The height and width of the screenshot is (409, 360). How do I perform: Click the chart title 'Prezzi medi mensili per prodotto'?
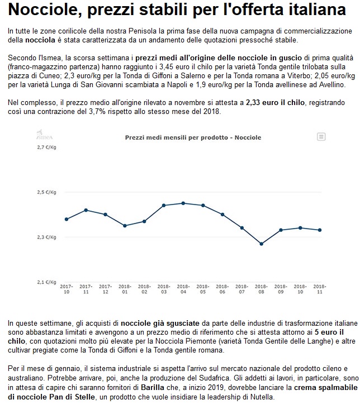click(x=193, y=137)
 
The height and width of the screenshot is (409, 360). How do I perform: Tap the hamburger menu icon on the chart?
click(x=321, y=136)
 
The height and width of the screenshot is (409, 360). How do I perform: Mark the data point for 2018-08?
click(x=261, y=244)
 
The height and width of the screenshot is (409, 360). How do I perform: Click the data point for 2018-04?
click(x=183, y=203)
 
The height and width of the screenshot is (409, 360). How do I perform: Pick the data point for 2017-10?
click(x=66, y=219)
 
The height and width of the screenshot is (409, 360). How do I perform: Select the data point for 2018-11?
click(x=320, y=230)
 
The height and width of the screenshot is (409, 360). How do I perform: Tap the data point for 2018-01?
click(x=125, y=226)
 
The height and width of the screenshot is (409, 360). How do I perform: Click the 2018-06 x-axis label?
click(x=222, y=288)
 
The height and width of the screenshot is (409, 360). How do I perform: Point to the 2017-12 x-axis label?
click(x=105, y=288)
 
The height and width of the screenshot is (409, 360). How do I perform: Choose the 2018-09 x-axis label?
click(x=281, y=288)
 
